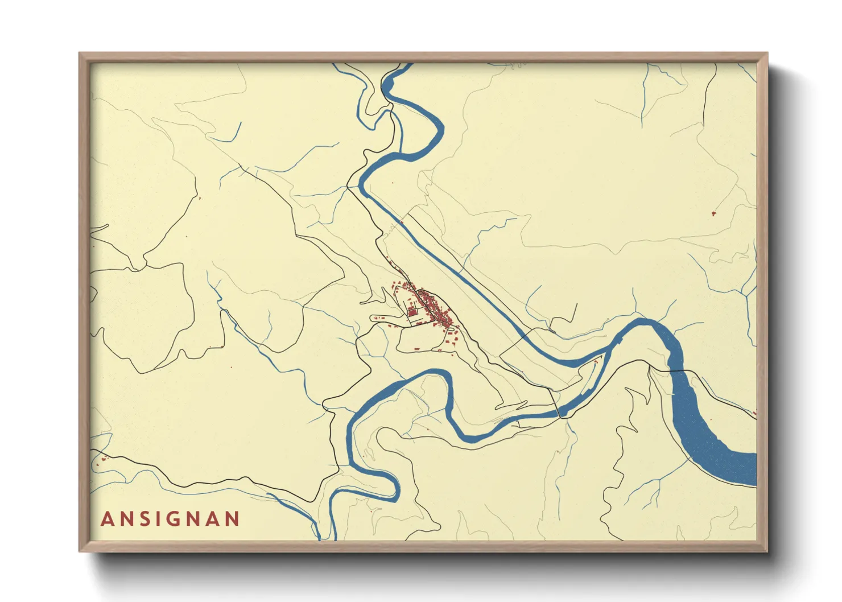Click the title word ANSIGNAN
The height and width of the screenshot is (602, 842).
point(170,519)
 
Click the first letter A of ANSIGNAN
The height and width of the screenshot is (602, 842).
point(106,519)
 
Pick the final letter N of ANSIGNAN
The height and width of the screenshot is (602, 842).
point(232,519)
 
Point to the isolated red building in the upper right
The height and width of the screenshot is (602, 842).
point(713,213)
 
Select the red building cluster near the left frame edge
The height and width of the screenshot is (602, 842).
point(102,458)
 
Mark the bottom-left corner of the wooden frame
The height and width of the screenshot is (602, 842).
point(80,550)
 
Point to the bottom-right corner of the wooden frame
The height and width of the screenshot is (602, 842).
point(766,550)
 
